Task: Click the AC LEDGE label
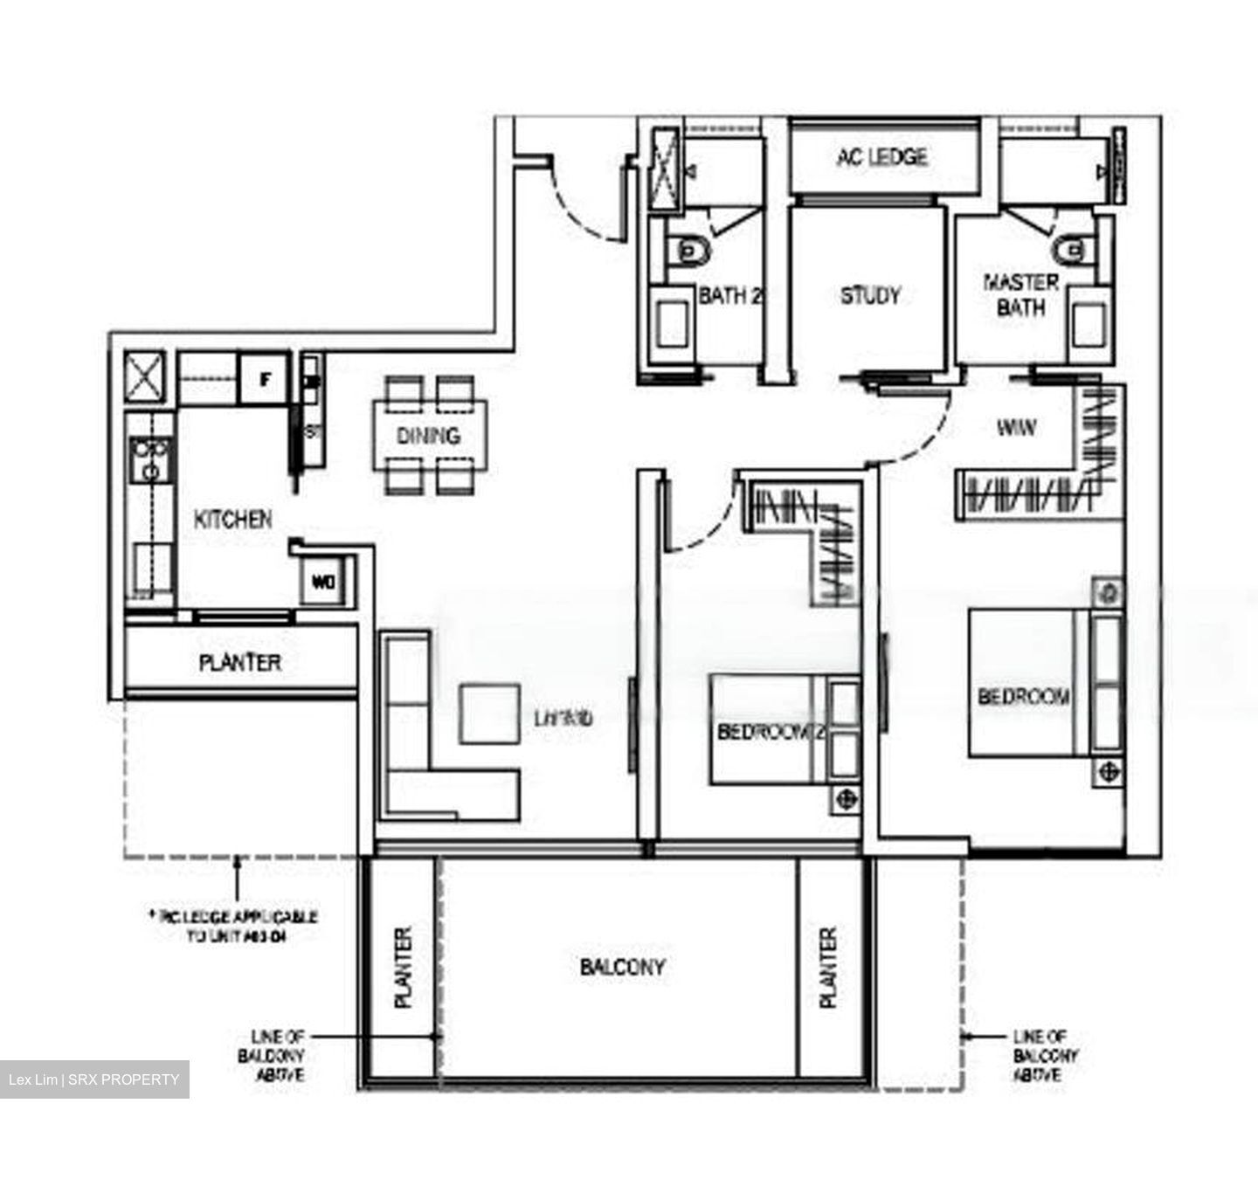[881, 157]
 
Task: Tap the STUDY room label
[869, 296]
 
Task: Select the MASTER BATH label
[1020, 295]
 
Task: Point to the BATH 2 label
[730, 296]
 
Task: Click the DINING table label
[428, 435]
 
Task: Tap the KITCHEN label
[232, 520]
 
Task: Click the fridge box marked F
[263, 379]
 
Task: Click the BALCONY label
[622, 967]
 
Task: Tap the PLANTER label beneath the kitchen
[240, 663]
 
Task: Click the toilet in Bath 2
[690, 252]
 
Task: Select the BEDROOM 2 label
[771, 731]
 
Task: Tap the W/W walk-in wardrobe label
[1016, 429]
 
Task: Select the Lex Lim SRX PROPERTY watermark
[93, 1079]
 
